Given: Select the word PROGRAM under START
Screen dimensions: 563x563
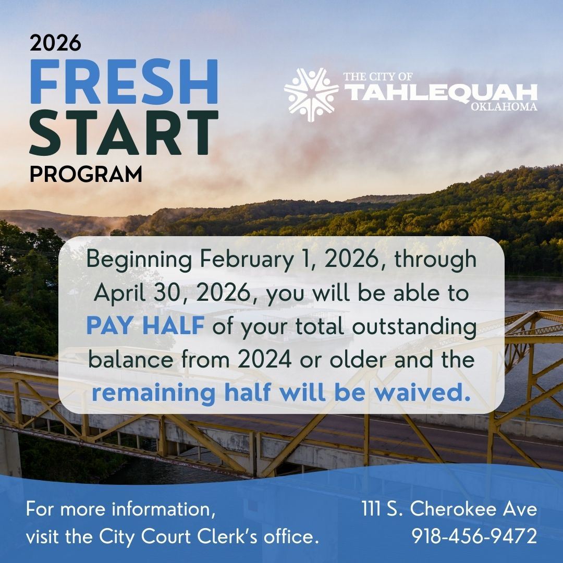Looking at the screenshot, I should tap(85, 174).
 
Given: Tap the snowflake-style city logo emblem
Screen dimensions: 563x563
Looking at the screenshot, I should tap(311, 94).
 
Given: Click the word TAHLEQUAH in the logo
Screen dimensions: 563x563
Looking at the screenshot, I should tap(441, 93).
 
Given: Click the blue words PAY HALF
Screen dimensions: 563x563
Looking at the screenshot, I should tap(144, 326).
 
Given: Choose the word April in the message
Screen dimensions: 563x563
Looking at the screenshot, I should tap(117, 293).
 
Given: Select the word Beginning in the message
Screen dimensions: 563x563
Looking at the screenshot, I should tap(139, 260).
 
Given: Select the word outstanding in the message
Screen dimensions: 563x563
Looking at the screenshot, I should tap(415, 327).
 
